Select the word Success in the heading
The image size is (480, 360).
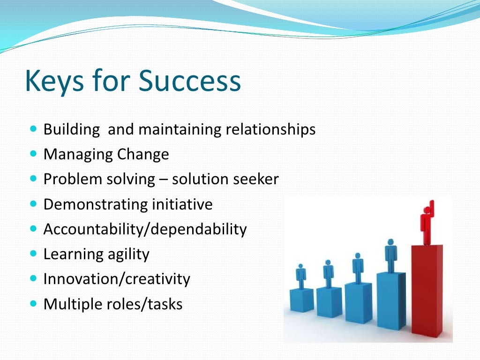190,81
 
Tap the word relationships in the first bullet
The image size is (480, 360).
270,129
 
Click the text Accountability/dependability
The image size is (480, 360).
145,229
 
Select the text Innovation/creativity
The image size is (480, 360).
117,279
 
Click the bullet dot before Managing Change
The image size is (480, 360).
33,153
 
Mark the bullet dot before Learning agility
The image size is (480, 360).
33,253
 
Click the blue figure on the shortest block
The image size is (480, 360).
301,277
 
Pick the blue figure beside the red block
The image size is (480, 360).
390,255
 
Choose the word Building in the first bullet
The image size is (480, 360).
72,129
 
